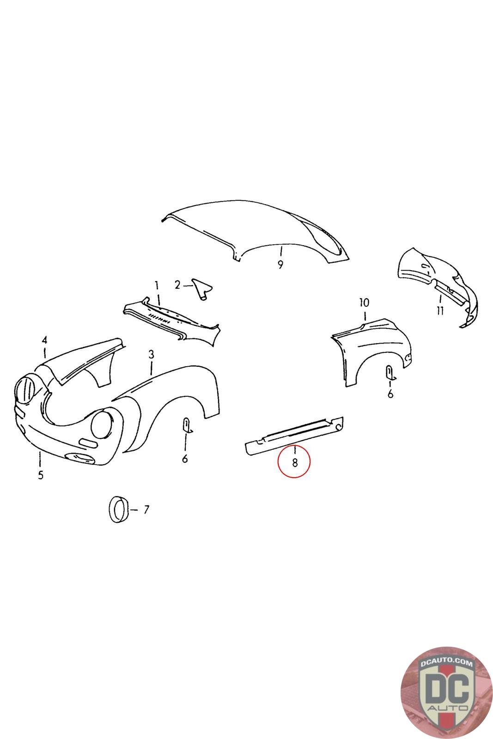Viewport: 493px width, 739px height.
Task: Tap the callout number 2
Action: pyautogui.click(x=177, y=285)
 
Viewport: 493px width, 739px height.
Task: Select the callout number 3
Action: pyautogui.click(x=151, y=355)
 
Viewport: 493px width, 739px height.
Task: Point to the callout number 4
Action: pyautogui.click(x=44, y=339)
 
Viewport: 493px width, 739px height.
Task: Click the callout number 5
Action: pyautogui.click(x=40, y=475)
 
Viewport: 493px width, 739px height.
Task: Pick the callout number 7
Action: pyautogui.click(x=146, y=509)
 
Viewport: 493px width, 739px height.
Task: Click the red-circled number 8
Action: pyautogui.click(x=295, y=463)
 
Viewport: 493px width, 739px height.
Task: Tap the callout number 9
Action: pyautogui.click(x=280, y=264)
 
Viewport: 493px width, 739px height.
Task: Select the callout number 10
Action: pyautogui.click(x=364, y=302)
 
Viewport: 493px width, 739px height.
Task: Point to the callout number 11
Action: pyautogui.click(x=440, y=310)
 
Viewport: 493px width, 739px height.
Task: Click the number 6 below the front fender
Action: pyautogui.click(x=185, y=458)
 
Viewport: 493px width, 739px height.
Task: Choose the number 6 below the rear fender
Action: pyautogui.click(x=390, y=394)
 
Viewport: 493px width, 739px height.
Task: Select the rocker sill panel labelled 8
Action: pyautogui.click(x=294, y=436)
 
